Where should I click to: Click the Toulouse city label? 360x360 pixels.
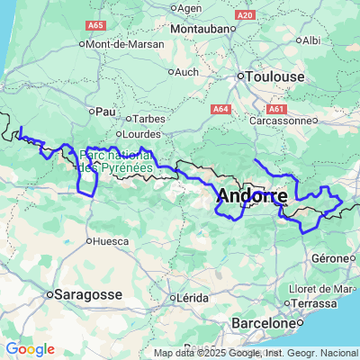275,77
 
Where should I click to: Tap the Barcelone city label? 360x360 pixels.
263,322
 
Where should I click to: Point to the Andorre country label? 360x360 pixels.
253,196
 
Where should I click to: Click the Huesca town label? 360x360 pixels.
111,240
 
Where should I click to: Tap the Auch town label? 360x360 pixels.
186,71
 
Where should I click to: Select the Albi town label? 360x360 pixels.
311,40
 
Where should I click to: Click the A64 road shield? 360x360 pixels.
221,109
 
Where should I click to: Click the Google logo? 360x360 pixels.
30,349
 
